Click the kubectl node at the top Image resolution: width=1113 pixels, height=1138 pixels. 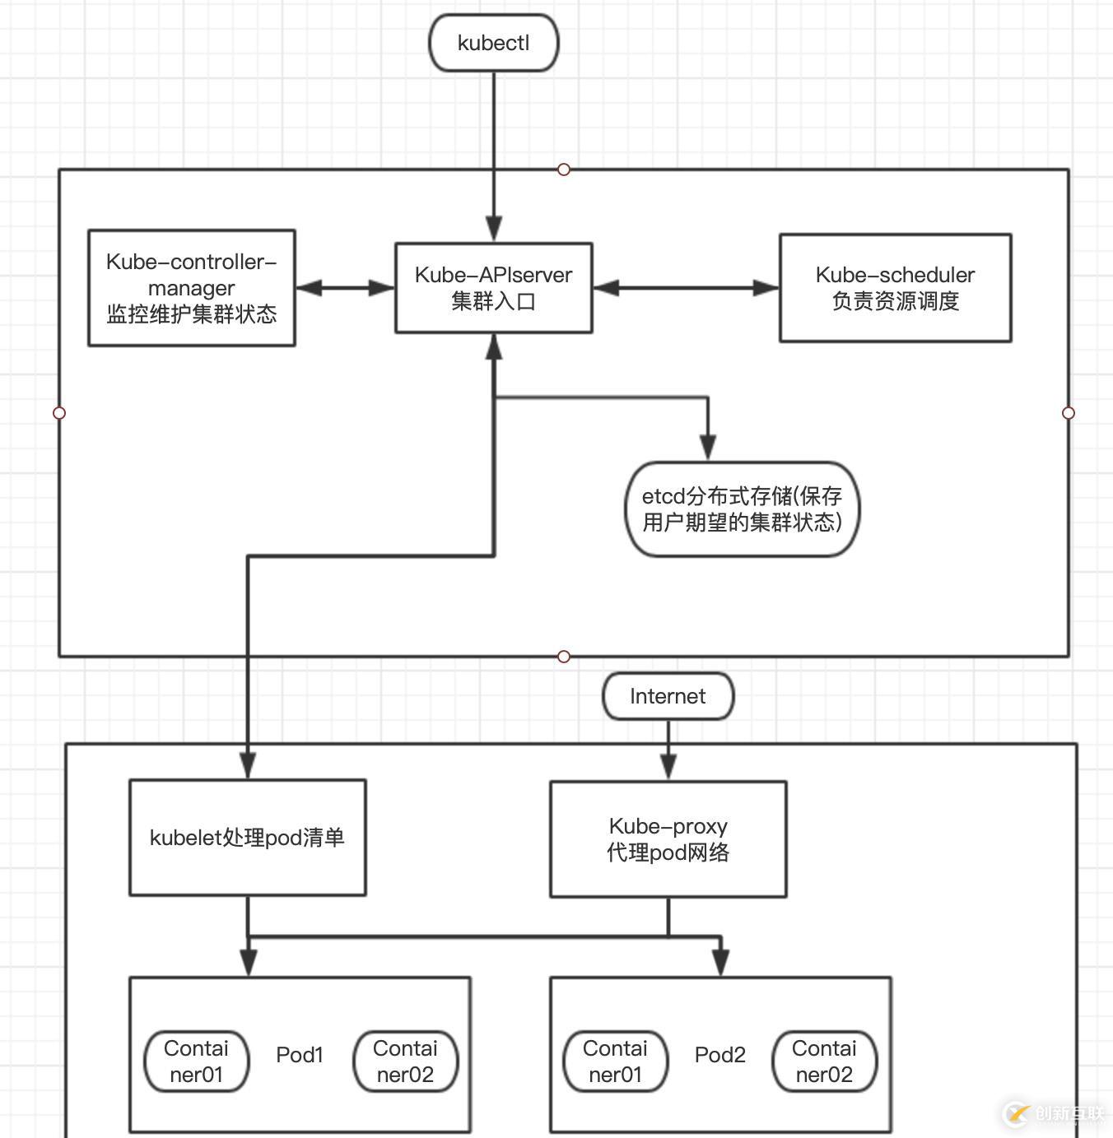(x=494, y=43)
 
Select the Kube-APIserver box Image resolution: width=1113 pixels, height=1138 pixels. (x=494, y=288)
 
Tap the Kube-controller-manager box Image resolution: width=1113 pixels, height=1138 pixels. (x=192, y=288)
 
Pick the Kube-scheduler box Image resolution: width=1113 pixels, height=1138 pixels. (x=895, y=288)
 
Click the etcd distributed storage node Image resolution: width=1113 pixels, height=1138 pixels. (x=742, y=509)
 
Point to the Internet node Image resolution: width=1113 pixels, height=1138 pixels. (x=668, y=696)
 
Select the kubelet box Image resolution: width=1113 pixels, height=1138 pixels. (x=247, y=838)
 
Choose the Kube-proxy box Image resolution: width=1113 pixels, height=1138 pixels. (x=668, y=838)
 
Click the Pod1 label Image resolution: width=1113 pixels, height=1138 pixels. (x=300, y=1055)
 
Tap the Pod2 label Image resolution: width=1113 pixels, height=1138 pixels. (x=720, y=1055)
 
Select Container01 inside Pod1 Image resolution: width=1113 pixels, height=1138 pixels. (x=196, y=1061)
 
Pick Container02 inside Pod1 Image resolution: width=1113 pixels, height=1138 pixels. (x=405, y=1061)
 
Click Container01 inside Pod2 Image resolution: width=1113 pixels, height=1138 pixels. (x=615, y=1061)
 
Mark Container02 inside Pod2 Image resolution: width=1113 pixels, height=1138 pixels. (x=824, y=1061)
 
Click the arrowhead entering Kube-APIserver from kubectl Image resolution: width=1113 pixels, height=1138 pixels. (x=494, y=230)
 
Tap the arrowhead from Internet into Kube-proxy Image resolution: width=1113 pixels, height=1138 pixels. (x=668, y=767)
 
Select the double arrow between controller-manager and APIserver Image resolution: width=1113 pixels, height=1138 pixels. (x=345, y=288)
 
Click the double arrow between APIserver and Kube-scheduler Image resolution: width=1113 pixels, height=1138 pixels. (x=686, y=288)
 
